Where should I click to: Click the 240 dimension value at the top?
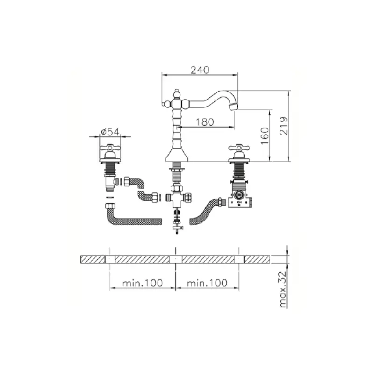point(199,70)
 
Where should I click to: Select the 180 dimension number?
point(204,122)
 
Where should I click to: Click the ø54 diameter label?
point(110,132)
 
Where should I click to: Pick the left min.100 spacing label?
point(142,283)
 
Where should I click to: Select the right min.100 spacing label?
point(207,283)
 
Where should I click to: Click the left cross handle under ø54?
point(110,151)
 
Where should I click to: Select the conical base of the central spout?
point(177,155)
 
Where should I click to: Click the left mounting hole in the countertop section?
point(109,259)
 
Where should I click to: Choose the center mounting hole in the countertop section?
point(176,259)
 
